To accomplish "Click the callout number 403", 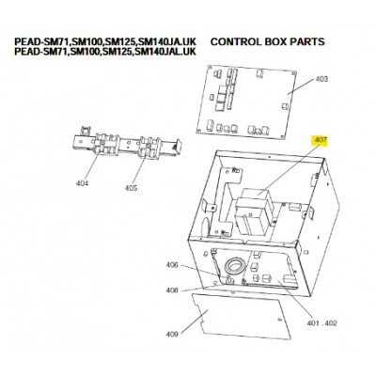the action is (321, 79).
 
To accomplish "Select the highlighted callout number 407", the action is (320, 140).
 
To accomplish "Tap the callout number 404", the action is (82, 183).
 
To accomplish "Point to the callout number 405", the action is (131, 188).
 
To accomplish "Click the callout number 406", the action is (172, 265).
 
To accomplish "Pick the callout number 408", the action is (172, 290).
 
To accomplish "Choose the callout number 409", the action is (172, 335).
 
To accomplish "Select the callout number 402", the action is (330, 322).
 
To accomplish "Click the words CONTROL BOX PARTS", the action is (268, 41).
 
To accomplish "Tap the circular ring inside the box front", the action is (233, 266).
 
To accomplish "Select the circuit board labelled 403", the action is (246, 102).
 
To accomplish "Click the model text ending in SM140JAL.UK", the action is (105, 51).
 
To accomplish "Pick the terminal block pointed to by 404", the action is (104, 144).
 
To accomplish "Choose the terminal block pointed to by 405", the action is (149, 148).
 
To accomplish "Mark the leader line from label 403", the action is (301, 86).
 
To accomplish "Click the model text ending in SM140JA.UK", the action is (105, 41).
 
